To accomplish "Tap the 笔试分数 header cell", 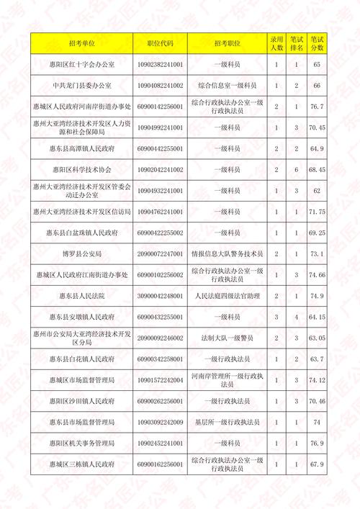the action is click(317, 43).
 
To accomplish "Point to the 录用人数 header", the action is click(276, 43).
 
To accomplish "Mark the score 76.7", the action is click(317, 107).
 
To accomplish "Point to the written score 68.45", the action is click(317, 170).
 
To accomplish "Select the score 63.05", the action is click(317, 338).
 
